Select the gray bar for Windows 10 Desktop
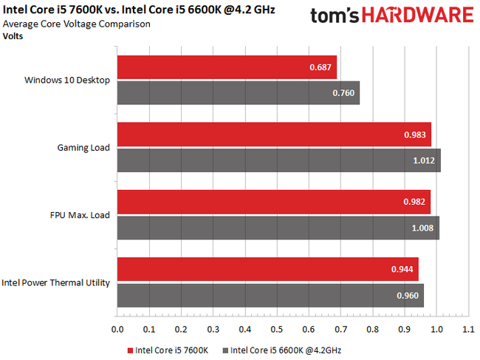click(236, 92)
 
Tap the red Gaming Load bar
click(273, 135)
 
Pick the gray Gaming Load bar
click(277, 160)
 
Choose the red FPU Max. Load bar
click(273, 202)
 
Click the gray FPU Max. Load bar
click(277, 228)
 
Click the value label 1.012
click(425, 160)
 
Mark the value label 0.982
click(414, 203)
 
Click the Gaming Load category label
click(83, 147)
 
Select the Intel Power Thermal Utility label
click(56, 282)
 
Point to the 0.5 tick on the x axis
click(276, 329)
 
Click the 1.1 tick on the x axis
click(467, 329)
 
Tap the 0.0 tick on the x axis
click(117, 329)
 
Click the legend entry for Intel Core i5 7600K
click(168, 349)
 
